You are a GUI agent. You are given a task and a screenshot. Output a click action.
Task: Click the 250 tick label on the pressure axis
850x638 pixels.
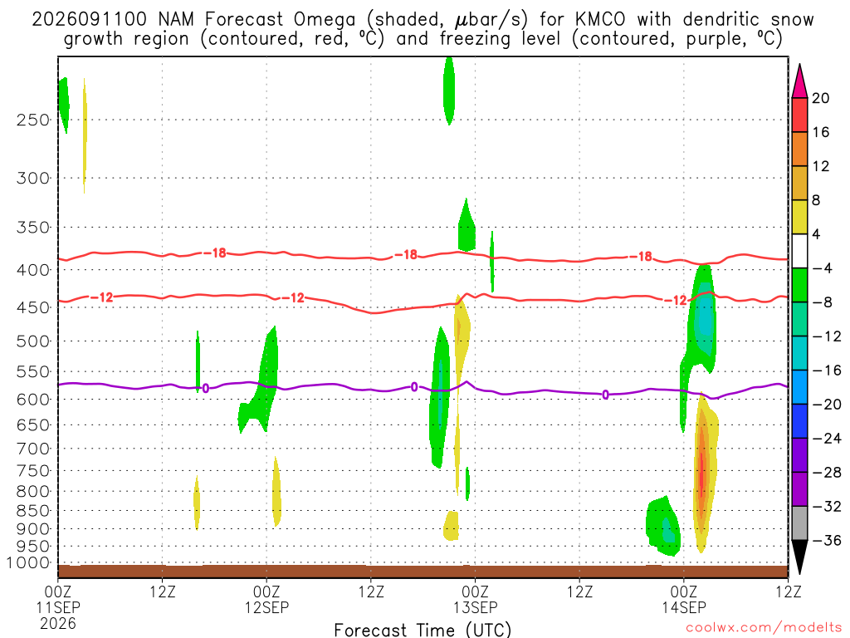point(32,120)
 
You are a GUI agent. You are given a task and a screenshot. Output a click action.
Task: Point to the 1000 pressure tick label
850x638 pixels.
point(27,563)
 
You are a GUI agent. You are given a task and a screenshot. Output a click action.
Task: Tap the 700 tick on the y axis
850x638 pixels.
point(32,449)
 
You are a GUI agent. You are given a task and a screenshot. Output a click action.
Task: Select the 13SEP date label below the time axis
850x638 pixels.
point(475,607)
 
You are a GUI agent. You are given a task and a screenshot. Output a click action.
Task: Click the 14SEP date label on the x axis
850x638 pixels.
point(684,607)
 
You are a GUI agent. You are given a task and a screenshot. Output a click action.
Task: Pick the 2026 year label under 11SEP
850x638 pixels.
point(58,624)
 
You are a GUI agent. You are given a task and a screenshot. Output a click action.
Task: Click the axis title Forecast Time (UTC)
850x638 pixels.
point(423,630)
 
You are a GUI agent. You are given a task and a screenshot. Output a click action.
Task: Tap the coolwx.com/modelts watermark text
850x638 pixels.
point(763,628)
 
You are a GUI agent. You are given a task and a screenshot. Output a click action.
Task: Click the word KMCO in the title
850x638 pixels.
point(599,20)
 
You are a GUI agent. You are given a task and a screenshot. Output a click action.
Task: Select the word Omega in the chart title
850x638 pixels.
point(325,21)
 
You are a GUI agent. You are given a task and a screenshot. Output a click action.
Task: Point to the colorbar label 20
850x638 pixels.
point(820,98)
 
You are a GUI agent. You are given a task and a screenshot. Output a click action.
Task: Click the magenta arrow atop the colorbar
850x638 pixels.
point(799,81)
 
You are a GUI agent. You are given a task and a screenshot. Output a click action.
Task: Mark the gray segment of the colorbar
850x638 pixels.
point(799,523)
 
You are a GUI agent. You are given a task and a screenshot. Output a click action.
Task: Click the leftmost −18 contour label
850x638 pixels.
point(215,253)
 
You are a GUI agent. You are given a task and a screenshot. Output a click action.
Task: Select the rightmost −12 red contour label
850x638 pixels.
point(676,300)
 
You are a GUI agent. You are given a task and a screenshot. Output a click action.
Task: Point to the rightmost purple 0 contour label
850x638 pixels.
point(605,395)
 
